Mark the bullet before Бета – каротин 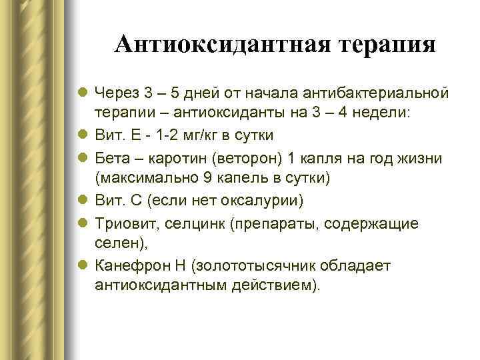click(84, 157)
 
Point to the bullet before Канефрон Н click(84, 266)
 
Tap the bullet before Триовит click(84, 223)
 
